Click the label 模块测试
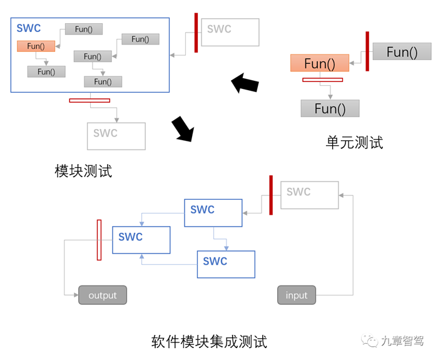click(83, 171)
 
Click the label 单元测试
click(354, 142)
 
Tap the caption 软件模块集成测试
click(209, 342)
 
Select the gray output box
click(102, 295)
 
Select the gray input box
click(297, 295)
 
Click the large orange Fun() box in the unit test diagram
click(319, 63)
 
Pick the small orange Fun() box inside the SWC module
click(36, 46)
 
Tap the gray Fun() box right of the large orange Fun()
click(401, 52)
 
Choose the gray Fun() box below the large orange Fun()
click(330, 108)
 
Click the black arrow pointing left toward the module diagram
click(245, 83)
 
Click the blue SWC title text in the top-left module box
click(29, 28)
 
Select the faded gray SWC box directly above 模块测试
click(116, 135)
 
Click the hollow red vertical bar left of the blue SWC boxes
click(99, 239)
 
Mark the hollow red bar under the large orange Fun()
click(322, 80)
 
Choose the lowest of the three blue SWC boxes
click(226, 264)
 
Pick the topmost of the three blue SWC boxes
click(213, 213)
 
